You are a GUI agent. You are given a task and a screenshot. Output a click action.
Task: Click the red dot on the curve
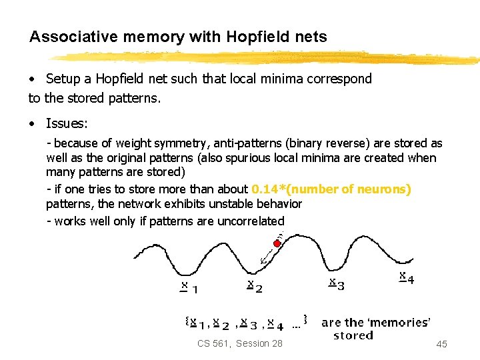point(277,243)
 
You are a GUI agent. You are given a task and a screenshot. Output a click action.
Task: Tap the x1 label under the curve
point(189,287)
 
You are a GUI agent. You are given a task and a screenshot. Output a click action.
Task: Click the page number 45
point(441,344)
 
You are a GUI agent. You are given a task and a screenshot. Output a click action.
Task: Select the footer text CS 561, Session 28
point(239,343)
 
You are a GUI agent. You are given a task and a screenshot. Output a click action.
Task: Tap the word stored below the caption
point(353,335)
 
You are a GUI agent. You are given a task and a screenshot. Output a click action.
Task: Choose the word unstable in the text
point(195,204)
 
